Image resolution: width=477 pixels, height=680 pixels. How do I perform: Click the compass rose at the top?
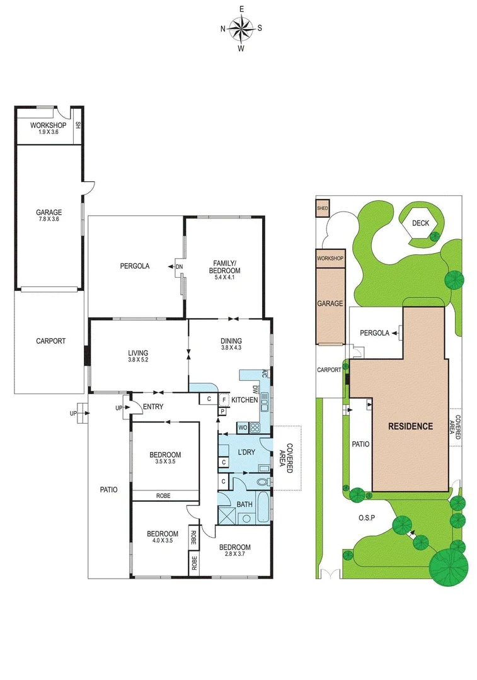(241, 28)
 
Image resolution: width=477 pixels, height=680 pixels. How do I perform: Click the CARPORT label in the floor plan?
(50, 341)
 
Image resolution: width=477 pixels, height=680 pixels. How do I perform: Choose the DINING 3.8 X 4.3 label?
(231, 343)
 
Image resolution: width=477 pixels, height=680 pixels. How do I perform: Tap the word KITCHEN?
(244, 400)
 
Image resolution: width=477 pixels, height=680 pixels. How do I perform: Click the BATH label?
(244, 504)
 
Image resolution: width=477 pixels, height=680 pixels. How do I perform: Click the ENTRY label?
(153, 407)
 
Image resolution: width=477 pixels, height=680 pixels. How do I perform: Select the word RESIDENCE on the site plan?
(410, 426)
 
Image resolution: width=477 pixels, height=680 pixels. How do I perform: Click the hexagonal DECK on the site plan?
(420, 224)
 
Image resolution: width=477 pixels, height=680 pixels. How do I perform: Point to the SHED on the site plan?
(323, 208)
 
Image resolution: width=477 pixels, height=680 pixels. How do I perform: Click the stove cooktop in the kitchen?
(256, 427)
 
